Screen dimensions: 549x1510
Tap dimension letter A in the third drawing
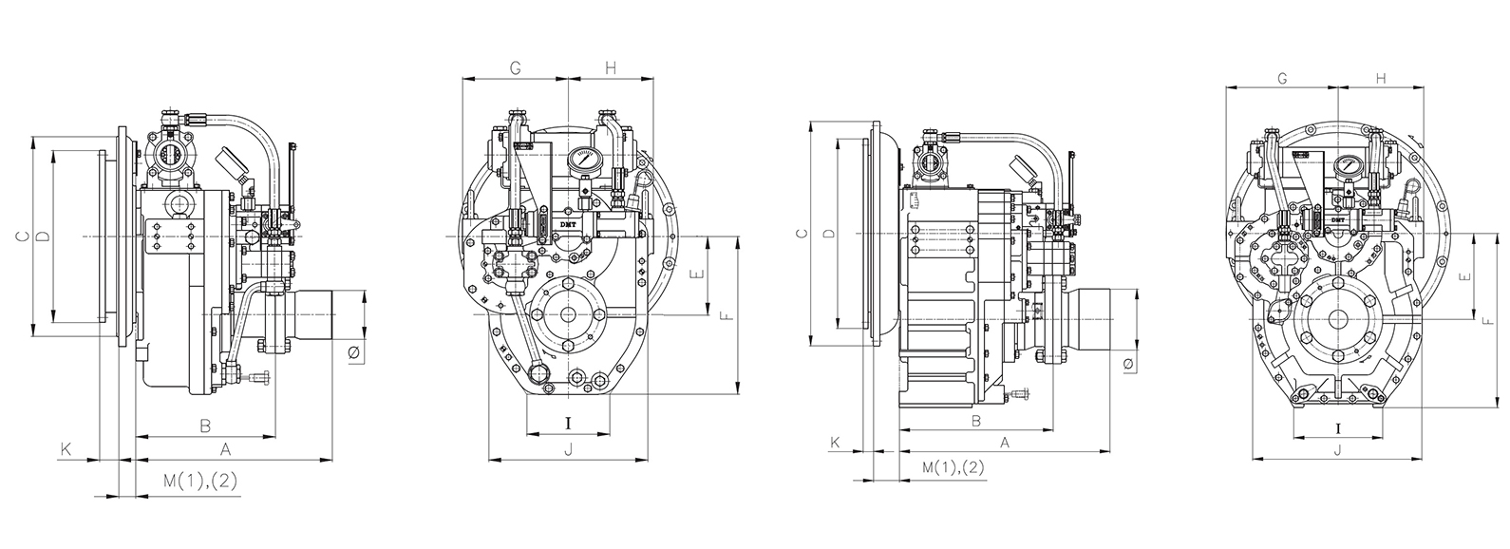tap(1004, 442)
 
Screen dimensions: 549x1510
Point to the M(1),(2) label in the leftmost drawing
tap(199, 482)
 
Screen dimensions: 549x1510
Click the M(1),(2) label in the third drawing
tap(953, 467)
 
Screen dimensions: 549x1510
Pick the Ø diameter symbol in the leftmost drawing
tap(353, 353)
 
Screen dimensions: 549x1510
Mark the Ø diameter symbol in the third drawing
tap(1127, 364)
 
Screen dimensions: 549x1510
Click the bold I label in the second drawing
tap(569, 423)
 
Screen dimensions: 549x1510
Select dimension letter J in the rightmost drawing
tap(1337, 450)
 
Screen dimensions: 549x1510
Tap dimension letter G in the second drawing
tap(515, 68)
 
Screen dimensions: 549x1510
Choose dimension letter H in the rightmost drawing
tap(1381, 79)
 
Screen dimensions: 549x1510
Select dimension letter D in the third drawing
tap(828, 233)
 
